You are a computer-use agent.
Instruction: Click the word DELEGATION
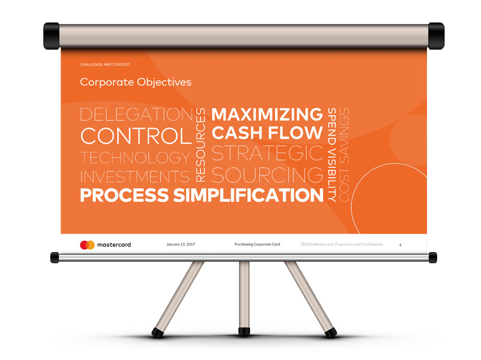pyautogui.click(x=136, y=114)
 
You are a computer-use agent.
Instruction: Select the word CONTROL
pyautogui.click(x=136, y=136)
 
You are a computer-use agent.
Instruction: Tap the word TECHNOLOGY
pyautogui.click(x=135, y=158)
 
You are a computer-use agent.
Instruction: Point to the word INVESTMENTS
pyautogui.click(x=135, y=177)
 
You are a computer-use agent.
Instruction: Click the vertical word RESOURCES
pyautogui.click(x=200, y=145)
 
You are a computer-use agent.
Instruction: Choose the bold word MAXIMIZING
pyautogui.click(x=267, y=114)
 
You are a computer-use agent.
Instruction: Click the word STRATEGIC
pyautogui.click(x=268, y=153)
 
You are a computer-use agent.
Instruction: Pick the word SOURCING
pyautogui.click(x=268, y=175)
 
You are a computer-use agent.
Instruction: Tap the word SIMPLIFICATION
pyautogui.click(x=249, y=195)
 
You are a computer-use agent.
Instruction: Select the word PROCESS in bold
pyautogui.click(x=124, y=195)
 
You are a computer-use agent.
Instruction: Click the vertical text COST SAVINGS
pyautogui.click(x=344, y=155)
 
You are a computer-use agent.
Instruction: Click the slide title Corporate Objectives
pyautogui.click(x=136, y=82)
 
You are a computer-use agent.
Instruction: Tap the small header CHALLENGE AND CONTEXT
pyautogui.click(x=105, y=65)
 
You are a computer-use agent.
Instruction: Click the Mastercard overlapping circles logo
pyautogui.click(x=87, y=245)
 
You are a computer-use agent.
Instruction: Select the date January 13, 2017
pyautogui.click(x=181, y=245)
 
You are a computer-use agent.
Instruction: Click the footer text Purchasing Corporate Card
pyautogui.click(x=257, y=245)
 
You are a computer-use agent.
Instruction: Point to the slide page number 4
pyautogui.click(x=400, y=245)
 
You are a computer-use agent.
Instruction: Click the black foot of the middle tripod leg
pyautogui.click(x=244, y=331)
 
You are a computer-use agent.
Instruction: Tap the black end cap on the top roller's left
pyautogui.click(x=51, y=36)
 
